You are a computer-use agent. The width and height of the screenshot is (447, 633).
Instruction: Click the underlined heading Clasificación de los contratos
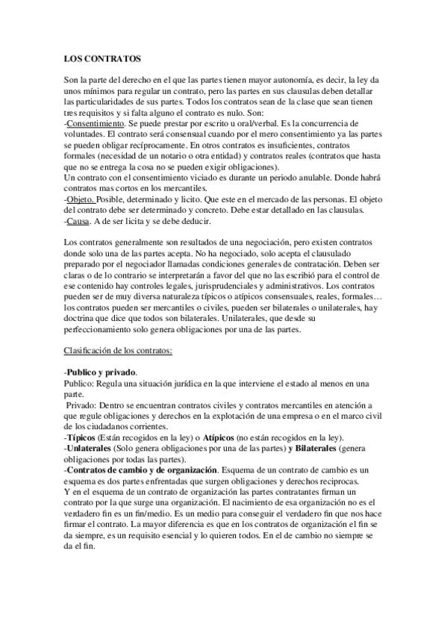click(119, 351)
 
